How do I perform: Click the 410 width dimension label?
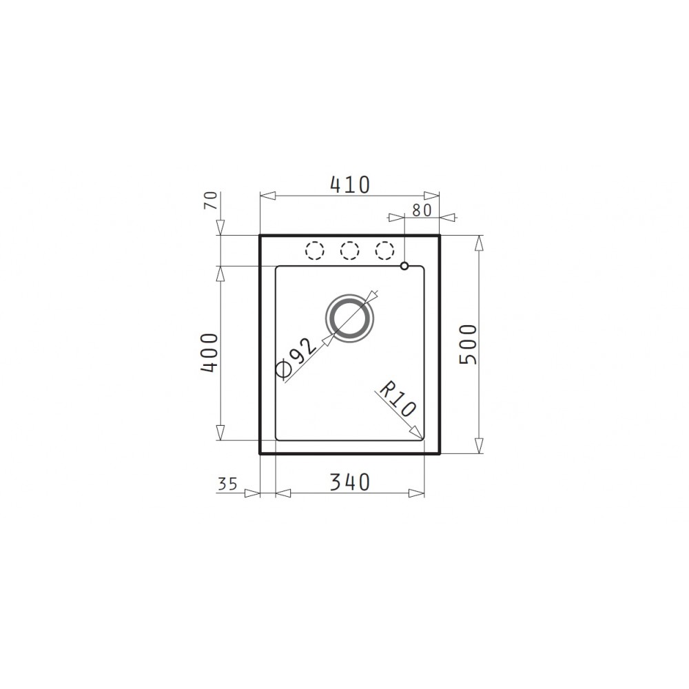[350, 185]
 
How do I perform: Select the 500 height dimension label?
[468, 344]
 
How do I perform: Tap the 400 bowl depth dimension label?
[209, 353]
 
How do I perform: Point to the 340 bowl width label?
[350, 482]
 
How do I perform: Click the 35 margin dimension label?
[227, 484]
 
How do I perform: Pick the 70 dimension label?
[212, 200]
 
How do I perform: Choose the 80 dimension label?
[422, 210]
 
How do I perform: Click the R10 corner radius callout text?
[396, 399]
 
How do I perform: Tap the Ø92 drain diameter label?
[296, 358]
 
